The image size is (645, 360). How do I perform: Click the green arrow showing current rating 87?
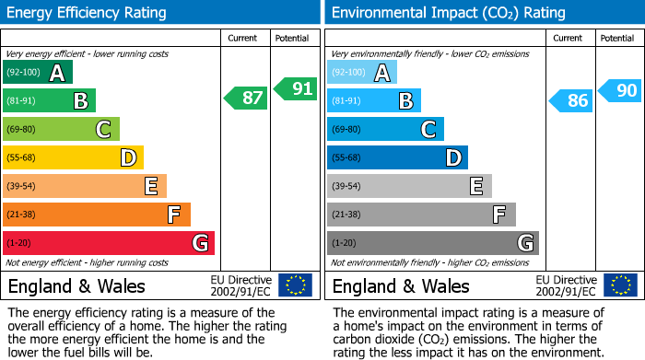[x=246, y=98]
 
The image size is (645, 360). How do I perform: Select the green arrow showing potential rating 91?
[x=296, y=88]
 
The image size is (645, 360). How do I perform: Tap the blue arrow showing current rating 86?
[x=570, y=100]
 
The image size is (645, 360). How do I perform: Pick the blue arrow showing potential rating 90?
[x=620, y=90]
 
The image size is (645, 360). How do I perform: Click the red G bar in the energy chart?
[x=109, y=243]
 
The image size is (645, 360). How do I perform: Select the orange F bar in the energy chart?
[x=97, y=215]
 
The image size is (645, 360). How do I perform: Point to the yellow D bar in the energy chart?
[x=73, y=157]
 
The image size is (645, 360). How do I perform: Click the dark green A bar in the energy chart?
[x=38, y=73]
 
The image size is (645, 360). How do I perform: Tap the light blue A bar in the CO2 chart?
[x=362, y=73]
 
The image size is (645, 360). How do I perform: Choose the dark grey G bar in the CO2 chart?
[x=432, y=243]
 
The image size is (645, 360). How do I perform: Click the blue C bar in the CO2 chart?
[x=385, y=129]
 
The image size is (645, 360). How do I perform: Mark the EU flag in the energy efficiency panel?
[x=296, y=285]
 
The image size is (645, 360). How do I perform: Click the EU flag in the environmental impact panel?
[x=620, y=285]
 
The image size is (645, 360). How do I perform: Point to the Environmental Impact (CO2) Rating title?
[x=448, y=13]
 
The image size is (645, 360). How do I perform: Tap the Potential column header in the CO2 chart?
[x=617, y=38]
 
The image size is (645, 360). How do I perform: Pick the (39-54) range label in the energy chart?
[x=22, y=186]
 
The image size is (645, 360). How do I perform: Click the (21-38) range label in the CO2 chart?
[x=346, y=215]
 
